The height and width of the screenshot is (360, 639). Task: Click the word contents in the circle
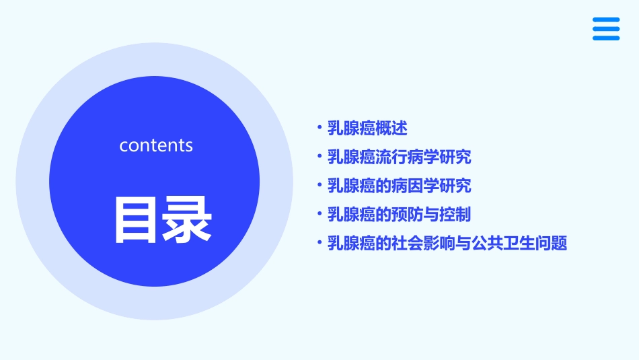click(x=156, y=145)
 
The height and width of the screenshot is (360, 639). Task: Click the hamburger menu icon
click(x=606, y=29)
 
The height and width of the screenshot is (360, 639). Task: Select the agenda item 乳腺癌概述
click(x=367, y=128)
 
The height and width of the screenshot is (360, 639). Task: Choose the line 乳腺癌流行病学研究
click(x=399, y=157)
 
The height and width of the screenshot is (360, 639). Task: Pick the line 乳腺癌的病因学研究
click(x=399, y=186)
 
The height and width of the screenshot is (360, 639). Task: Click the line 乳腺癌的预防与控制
click(x=399, y=215)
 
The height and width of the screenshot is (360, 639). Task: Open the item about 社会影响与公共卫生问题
click(x=447, y=244)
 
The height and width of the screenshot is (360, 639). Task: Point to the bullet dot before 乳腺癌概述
click(x=319, y=127)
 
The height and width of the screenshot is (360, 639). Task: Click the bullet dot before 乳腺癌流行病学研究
click(x=319, y=156)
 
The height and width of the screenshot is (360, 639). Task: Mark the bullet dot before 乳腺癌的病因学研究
click(x=319, y=185)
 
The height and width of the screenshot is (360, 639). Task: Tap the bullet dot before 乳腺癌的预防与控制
click(x=319, y=214)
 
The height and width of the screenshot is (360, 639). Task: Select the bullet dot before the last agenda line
click(x=319, y=243)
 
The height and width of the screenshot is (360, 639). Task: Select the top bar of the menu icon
click(x=606, y=20)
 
